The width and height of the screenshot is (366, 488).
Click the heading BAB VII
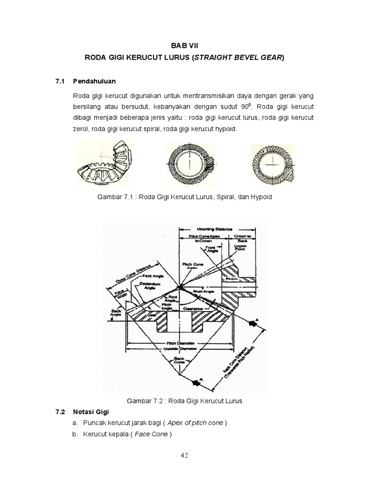pyautogui.click(x=183, y=45)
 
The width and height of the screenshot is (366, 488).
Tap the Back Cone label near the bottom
pyautogui.click(x=179, y=360)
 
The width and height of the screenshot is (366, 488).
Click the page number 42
pyautogui.click(x=184, y=455)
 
